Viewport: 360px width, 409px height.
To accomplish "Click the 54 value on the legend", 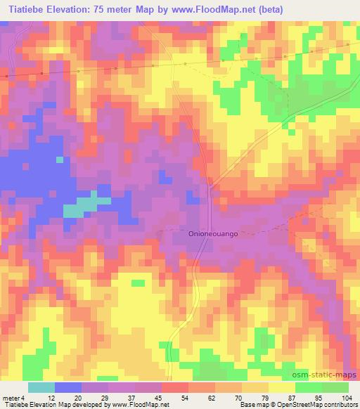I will pyautogui.click(x=183, y=397).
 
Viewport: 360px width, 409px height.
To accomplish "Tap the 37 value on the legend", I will pyautogui.click(x=131, y=397).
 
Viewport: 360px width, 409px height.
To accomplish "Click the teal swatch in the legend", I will pyautogui.click(x=41, y=387).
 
